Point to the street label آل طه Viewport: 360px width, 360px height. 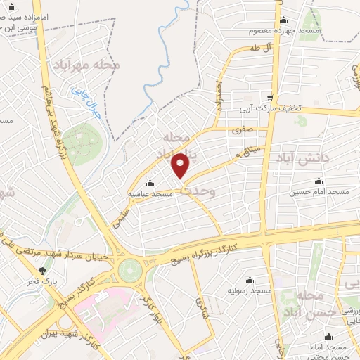[259, 48]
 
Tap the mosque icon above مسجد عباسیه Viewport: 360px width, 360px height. [150, 184]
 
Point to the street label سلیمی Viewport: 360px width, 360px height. [118, 219]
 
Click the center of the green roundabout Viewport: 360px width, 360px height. [129, 269]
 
